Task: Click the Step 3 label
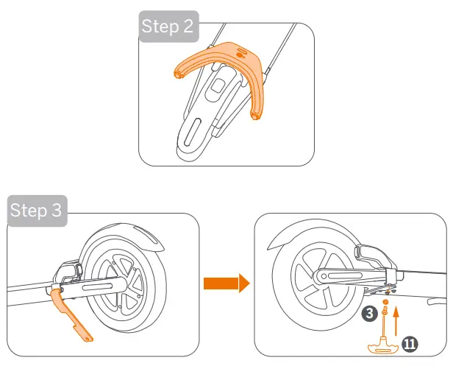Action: (36, 211)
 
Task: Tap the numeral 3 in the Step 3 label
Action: (57, 211)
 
